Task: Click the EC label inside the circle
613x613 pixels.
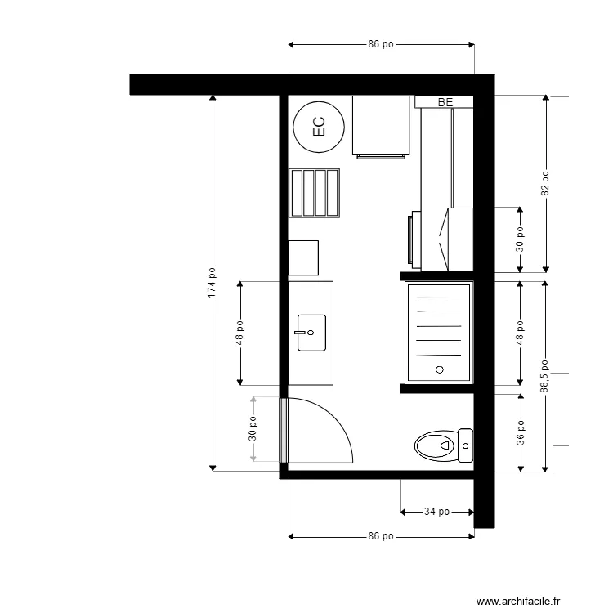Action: [319, 126]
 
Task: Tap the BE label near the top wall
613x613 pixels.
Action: [445, 102]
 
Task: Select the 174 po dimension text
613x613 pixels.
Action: [213, 283]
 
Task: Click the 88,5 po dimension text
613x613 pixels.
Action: [545, 377]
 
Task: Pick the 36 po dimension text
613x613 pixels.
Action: [521, 432]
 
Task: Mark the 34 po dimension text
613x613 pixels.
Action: [437, 512]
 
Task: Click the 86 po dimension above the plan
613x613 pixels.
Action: [381, 45]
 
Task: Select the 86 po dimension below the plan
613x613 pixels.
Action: [381, 537]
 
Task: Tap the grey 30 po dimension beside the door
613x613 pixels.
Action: [253, 430]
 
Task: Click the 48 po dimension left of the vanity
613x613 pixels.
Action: [240, 333]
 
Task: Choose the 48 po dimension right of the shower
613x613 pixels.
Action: [521, 333]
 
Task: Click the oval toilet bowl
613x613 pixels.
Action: [434, 446]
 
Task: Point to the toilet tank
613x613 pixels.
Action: [465, 446]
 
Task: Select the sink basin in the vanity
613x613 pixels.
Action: [311, 333]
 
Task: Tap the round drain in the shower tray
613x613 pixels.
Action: [439, 370]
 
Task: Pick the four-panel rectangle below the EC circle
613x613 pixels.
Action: [315, 193]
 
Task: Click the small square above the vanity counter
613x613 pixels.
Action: [303, 257]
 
